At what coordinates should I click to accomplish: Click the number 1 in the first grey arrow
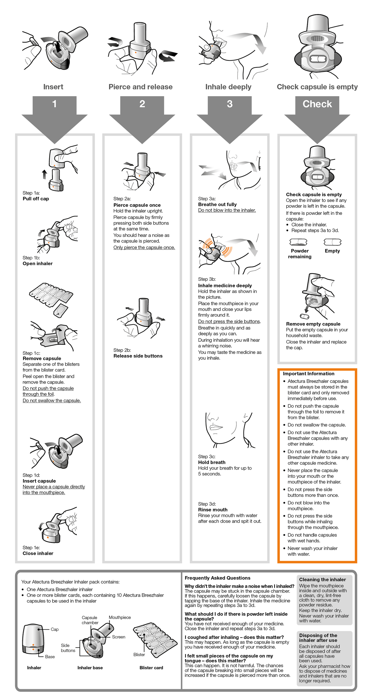click(55, 104)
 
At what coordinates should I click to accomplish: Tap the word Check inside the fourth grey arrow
click(317, 104)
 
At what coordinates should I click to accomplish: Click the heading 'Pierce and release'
click(140, 87)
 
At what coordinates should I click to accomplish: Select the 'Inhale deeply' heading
click(228, 87)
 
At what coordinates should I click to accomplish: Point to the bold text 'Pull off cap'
click(36, 199)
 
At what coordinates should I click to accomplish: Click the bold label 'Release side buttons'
click(138, 356)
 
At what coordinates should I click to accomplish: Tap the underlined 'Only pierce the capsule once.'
click(144, 248)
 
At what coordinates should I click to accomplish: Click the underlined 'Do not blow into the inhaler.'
click(227, 210)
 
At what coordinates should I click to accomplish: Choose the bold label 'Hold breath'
click(212, 462)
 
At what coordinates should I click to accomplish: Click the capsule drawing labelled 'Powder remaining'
click(298, 242)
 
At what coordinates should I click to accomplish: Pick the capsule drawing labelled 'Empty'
click(332, 242)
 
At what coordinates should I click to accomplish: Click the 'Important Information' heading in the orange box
click(308, 373)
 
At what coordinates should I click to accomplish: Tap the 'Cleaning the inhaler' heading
click(322, 580)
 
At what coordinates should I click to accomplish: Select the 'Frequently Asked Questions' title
click(217, 578)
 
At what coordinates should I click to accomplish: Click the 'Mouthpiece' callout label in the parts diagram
click(120, 618)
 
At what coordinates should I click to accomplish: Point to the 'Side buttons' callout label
click(68, 648)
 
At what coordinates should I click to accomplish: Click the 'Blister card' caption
click(151, 668)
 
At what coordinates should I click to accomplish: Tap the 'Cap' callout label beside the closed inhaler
click(55, 629)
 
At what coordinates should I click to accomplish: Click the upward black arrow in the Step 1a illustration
click(44, 174)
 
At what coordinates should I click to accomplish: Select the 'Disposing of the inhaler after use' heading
click(318, 638)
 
